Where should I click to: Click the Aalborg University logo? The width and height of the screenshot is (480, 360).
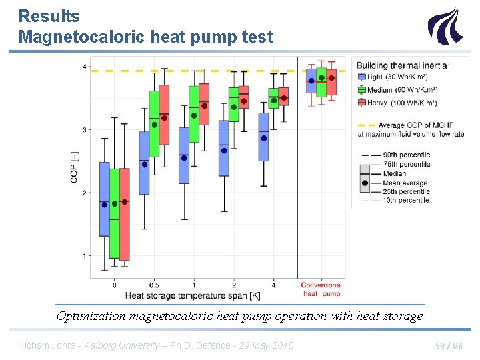[x=444, y=26]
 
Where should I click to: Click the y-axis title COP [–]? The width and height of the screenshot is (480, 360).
[x=75, y=167]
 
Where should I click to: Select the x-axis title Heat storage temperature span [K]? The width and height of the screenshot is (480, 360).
[x=193, y=295]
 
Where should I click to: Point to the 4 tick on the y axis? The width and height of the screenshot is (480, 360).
[x=83, y=67]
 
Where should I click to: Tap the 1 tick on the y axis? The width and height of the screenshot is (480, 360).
[x=83, y=256]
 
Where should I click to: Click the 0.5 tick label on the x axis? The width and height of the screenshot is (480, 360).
[x=154, y=285]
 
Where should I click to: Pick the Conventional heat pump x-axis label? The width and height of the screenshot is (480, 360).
[x=321, y=289]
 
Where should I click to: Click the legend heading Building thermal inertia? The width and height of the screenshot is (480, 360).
[x=403, y=65]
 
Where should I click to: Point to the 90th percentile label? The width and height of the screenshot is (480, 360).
[x=406, y=155]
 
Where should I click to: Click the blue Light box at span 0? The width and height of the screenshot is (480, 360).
[x=105, y=199]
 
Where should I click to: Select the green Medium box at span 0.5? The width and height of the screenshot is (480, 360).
[x=154, y=124]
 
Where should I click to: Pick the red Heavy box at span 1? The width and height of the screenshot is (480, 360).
[x=204, y=104]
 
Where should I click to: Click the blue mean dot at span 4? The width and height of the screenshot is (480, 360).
[x=264, y=139]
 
